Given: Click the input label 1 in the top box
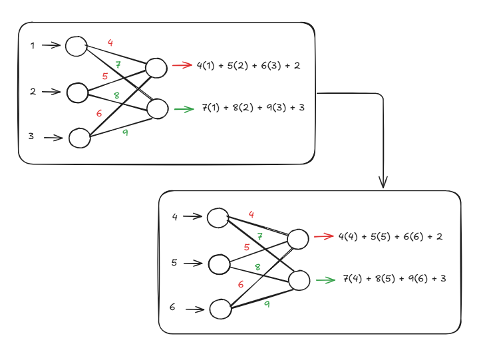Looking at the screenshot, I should (32, 45).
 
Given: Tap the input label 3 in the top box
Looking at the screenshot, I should (31, 136).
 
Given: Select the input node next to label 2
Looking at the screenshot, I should (77, 92).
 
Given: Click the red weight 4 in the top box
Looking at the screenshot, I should (110, 43).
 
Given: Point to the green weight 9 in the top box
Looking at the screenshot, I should (124, 132).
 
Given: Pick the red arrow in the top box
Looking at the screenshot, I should (182, 65).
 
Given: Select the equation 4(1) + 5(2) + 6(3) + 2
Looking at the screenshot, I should (248, 65).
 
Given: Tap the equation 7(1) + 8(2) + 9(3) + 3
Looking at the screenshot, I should (253, 107).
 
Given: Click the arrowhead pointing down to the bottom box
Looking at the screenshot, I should (383, 181).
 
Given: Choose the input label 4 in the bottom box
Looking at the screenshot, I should (174, 216).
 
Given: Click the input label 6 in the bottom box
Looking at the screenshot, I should (172, 307).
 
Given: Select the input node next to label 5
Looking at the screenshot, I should (220, 264).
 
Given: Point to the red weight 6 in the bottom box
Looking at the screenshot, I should (241, 284).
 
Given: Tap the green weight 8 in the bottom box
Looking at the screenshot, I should (257, 267).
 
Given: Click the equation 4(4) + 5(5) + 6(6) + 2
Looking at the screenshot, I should (391, 236).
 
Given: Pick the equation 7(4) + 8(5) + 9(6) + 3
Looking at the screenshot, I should (394, 278).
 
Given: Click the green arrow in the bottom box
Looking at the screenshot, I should (325, 280).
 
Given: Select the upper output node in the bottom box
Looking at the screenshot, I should (298, 239).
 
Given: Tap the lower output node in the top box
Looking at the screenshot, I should (158, 108).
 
